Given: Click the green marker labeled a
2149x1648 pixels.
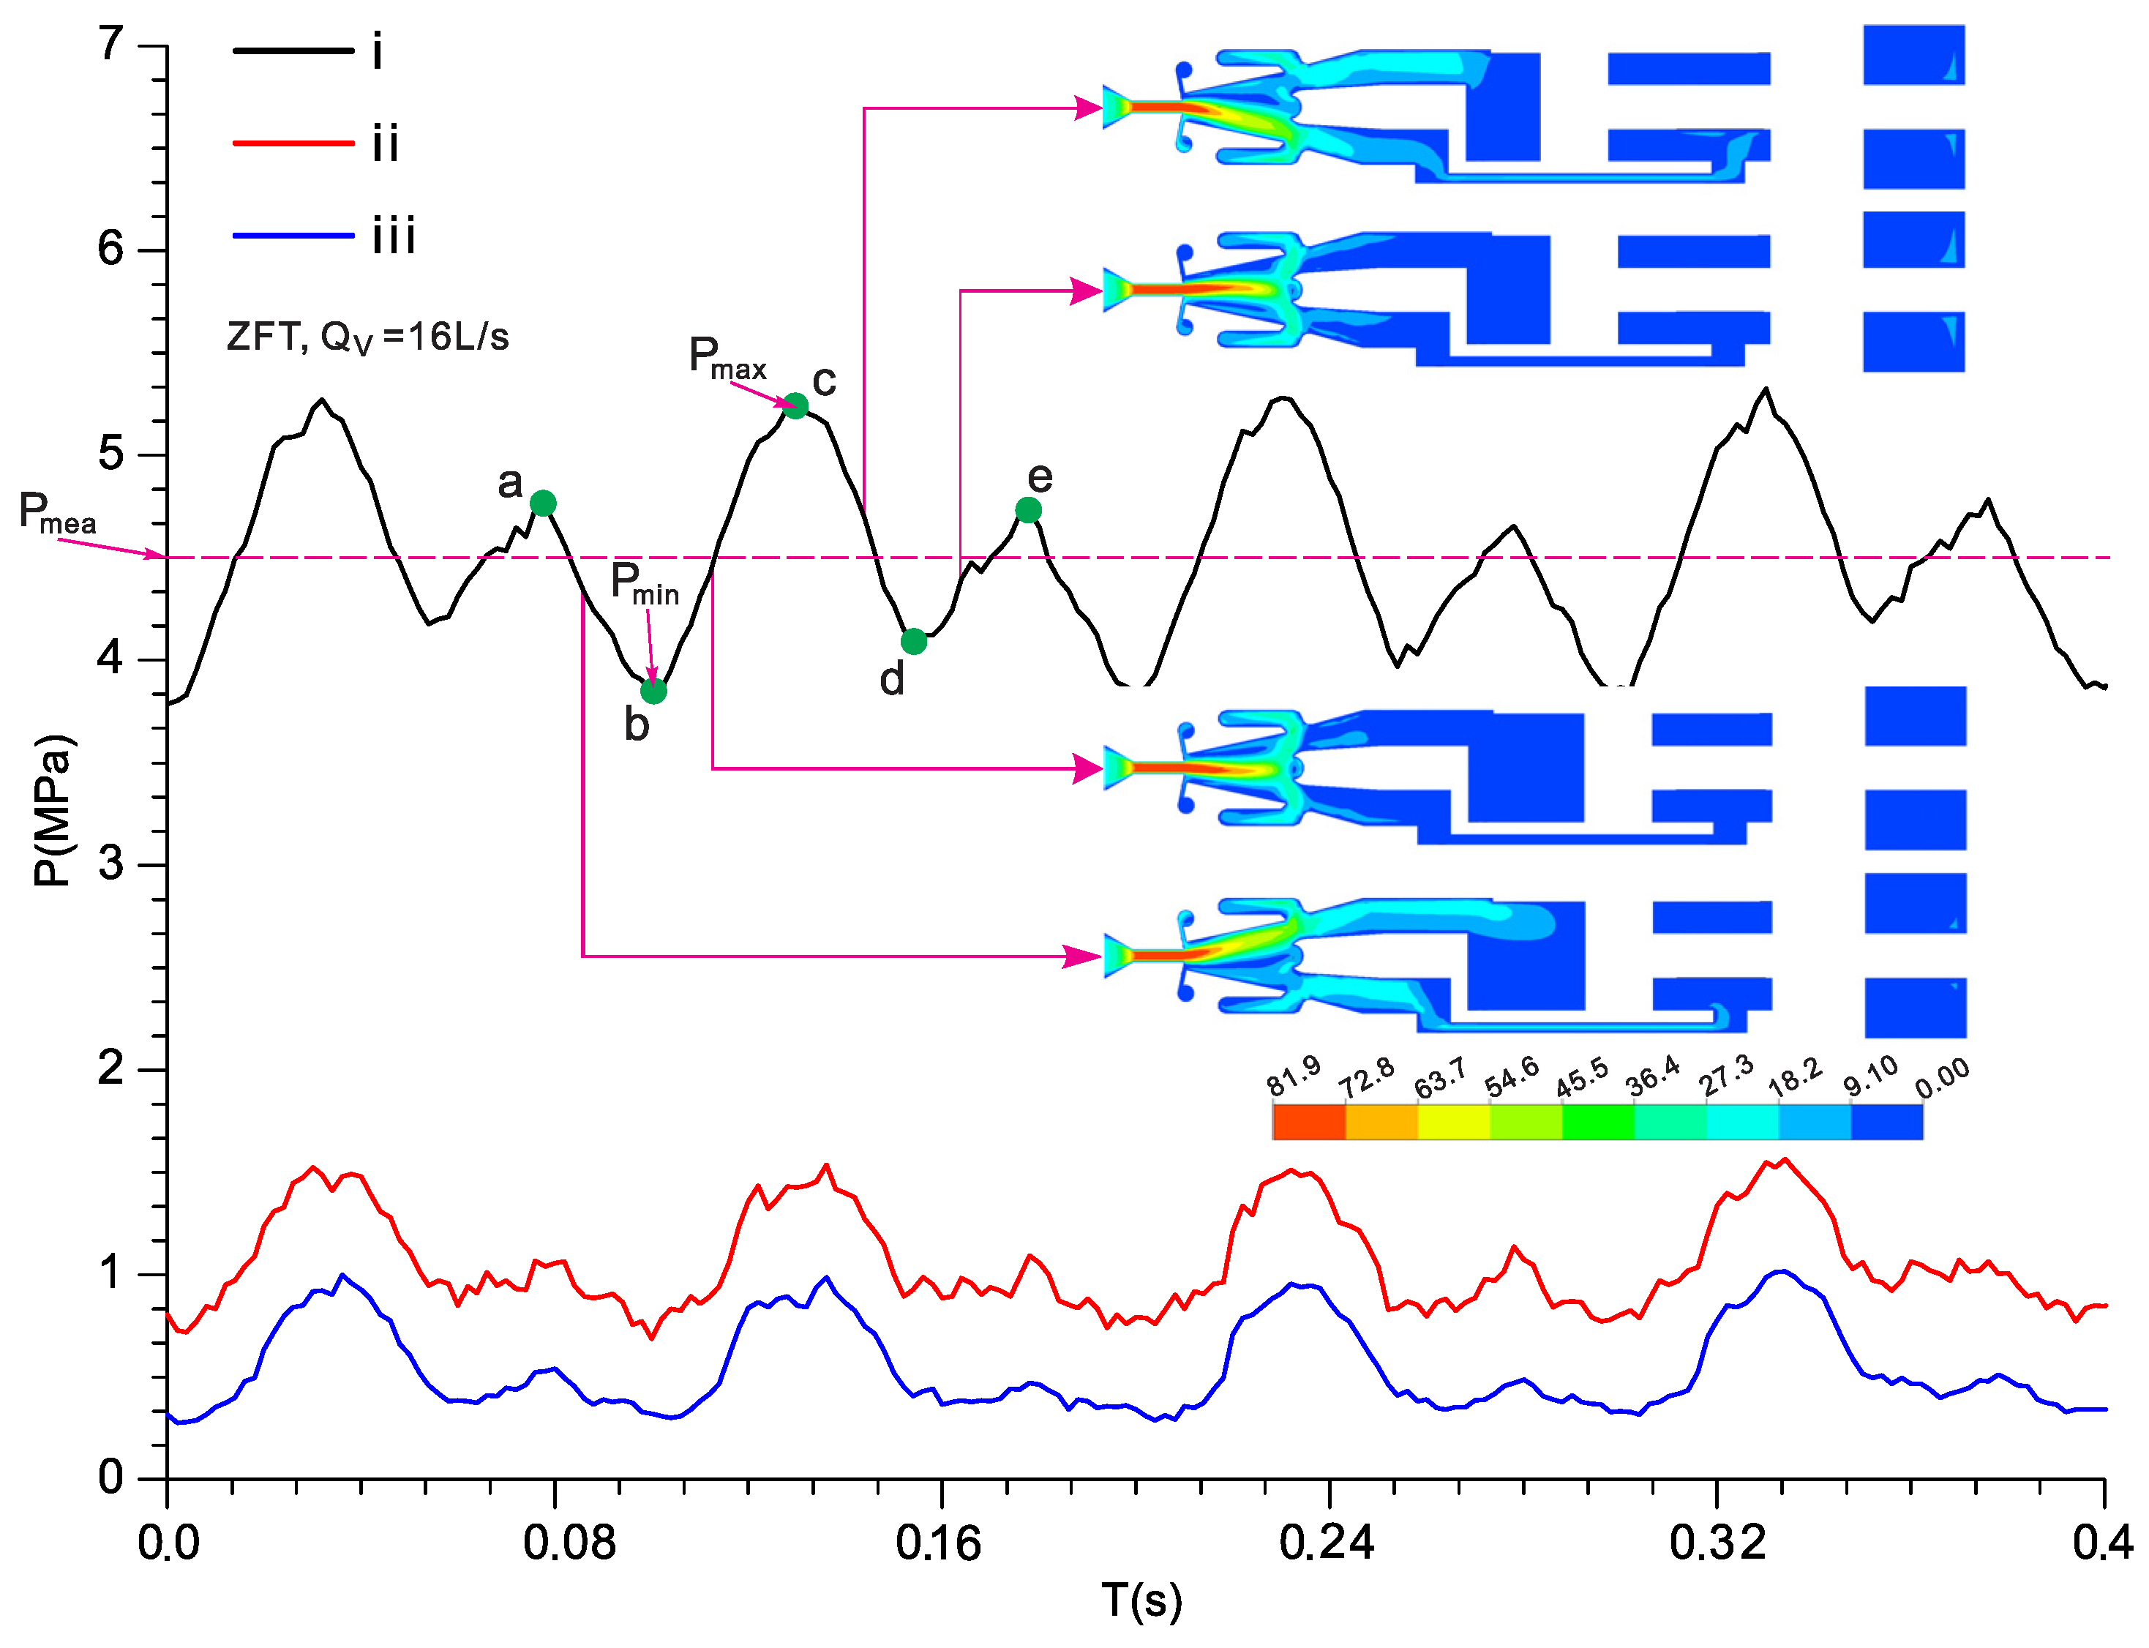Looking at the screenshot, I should [x=542, y=503].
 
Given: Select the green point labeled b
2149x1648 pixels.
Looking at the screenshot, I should [x=653, y=691].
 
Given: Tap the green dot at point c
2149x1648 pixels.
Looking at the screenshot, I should [x=795, y=406].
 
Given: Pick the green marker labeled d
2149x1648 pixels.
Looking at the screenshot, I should [x=913, y=642].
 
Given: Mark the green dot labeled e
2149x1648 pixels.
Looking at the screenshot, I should [x=1028, y=510].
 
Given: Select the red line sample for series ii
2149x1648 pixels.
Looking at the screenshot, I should [x=292, y=143].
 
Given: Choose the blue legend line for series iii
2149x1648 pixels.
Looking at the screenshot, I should [x=292, y=236].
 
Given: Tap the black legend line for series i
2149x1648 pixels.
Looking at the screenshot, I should [x=292, y=50].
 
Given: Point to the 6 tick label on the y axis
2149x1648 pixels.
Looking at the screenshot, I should [x=110, y=248].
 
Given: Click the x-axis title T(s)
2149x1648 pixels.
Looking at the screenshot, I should [x=1141, y=1602].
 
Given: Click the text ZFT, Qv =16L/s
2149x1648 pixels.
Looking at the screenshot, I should [x=368, y=337].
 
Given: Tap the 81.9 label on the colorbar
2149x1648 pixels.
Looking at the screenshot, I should [x=1294, y=1076].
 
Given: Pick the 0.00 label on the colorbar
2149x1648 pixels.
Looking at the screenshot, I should [x=1942, y=1078].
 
